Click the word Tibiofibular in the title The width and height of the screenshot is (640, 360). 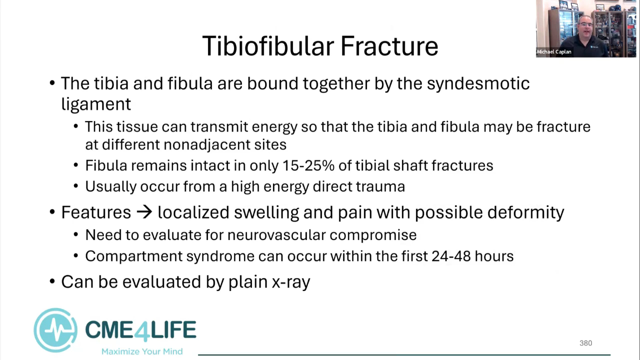click(x=268, y=46)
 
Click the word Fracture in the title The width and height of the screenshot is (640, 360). click(x=389, y=46)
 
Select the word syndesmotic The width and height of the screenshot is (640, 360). click(x=478, y=84)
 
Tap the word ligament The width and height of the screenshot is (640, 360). click(x=96, y=104)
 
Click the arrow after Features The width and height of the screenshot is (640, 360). click(x=144, y=212)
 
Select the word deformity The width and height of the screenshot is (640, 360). click(x=525, y=213)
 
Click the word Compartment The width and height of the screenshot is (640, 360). click(x=133, y=256)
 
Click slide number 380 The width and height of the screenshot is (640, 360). click(x=585, y=343)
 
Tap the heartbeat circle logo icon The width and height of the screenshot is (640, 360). click(x=55, y=330)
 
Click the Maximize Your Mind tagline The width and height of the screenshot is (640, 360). click(x=142, y=351)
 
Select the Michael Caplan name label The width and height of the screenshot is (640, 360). click(x=554, y=51)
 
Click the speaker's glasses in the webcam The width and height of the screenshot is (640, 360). click(x=586, y=25)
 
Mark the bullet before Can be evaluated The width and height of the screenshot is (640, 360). click(x=52, y=281)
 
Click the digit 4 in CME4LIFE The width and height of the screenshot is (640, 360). click(x=141, y=331)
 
